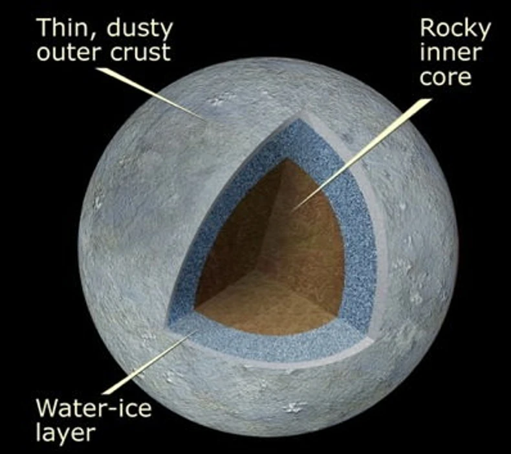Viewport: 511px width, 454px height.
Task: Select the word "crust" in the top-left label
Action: click(140, 52)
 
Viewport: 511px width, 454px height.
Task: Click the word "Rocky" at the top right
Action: click(455, 27)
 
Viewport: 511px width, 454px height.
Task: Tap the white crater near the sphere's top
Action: click(214, 100)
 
